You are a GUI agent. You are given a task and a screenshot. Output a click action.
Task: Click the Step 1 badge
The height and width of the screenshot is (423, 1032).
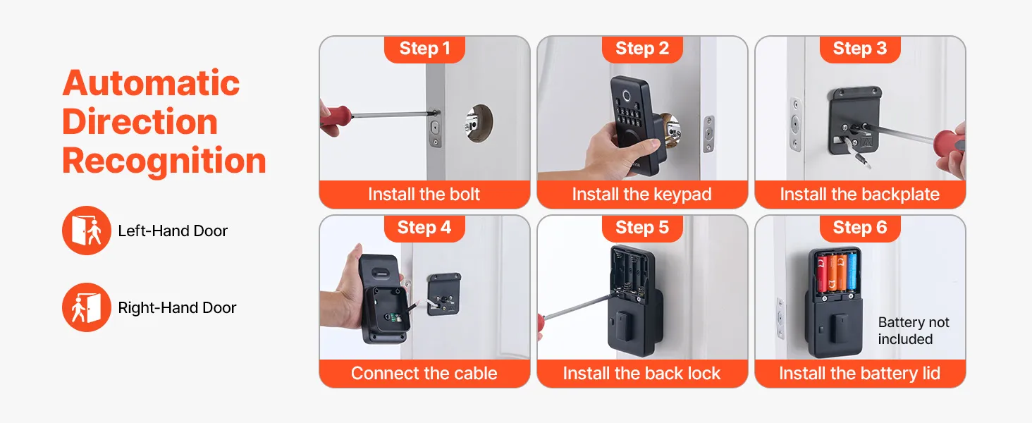(x=424, y=49)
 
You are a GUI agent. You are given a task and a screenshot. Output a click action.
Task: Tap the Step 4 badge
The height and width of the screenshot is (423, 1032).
(x=424, y=228)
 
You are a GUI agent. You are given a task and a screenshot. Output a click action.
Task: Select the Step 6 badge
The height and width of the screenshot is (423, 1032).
(x=860, y=228)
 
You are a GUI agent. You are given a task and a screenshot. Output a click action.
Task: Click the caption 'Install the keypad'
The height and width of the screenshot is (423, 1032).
(x=641, y=195)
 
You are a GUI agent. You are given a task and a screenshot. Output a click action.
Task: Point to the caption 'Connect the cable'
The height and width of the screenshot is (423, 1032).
(x=424, y=373)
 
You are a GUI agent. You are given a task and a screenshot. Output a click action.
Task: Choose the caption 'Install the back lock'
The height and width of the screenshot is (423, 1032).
(x=641, y=373)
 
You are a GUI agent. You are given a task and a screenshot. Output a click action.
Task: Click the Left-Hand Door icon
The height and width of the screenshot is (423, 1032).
(x=87, y=231)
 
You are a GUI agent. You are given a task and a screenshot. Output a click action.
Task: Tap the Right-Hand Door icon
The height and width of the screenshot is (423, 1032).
(x=87, y=307)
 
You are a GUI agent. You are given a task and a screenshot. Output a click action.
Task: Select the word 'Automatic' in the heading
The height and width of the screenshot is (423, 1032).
(x=151, y=83)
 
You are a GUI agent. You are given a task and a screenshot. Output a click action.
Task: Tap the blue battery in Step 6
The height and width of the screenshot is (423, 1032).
(x=852, y=272)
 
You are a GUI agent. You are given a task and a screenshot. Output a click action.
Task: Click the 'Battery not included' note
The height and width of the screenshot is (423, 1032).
(x=914, y=331)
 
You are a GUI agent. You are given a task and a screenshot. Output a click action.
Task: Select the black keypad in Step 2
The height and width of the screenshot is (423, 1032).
(x=638, y=124)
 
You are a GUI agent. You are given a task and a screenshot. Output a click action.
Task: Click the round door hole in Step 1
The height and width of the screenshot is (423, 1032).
(x=479, y=123)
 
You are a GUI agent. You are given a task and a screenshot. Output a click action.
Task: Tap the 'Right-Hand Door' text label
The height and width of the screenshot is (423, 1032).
(x=178, y=308)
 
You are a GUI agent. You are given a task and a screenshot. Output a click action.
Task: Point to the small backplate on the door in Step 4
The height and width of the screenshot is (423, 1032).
(x=444, y=294)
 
